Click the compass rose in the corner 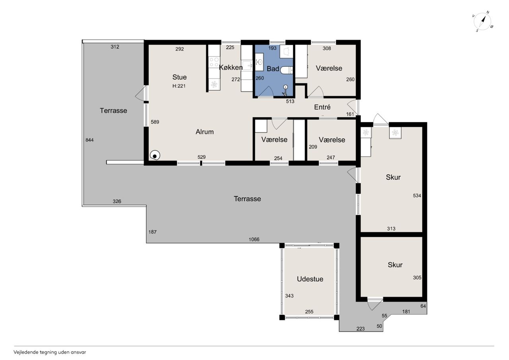coord(482,21)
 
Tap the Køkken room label coord(231,68)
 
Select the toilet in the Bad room coord(287,70)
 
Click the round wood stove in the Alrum coord(155,156)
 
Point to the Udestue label coord(310,279)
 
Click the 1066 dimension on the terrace coord(254,239)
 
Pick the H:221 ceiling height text coord(179,86)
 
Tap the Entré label coord(322,107)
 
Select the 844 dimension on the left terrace coord(89,140)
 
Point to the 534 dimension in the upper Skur coord(417,195)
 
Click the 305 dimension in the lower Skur coord(417,278)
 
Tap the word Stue coord(179,77)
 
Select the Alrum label coord(204,132)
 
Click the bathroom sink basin coord(259,62)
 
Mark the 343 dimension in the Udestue coord(289,296)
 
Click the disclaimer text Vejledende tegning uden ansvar coord(50,352)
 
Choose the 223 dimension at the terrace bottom coord(360,329)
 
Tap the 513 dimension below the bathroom coord(290,101)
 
